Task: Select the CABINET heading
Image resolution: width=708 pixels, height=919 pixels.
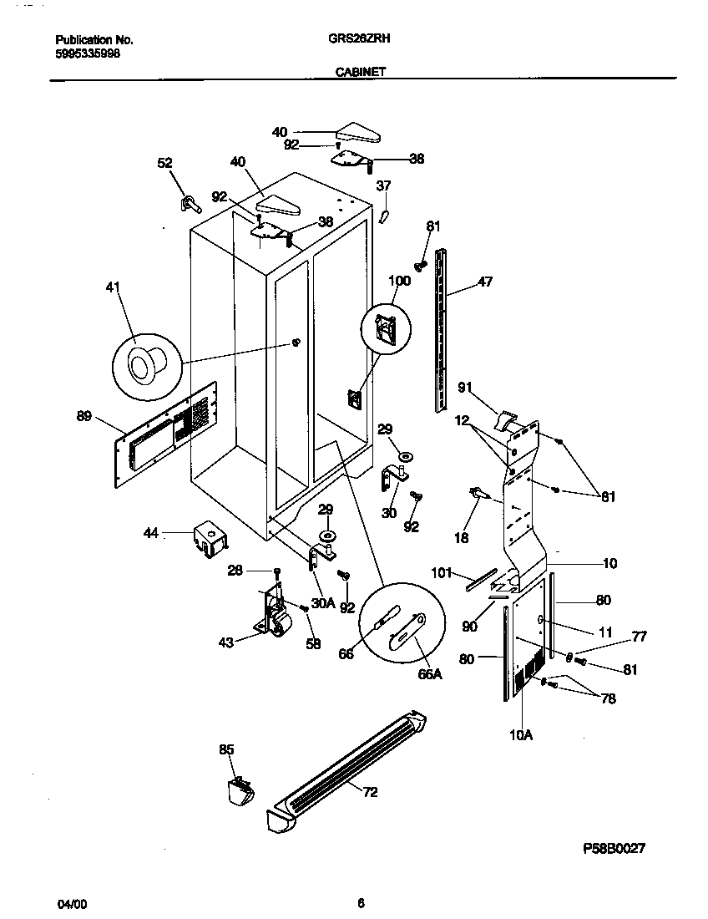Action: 360,73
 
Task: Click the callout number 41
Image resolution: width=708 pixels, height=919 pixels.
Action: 113,288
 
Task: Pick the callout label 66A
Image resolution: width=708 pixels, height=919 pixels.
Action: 429,674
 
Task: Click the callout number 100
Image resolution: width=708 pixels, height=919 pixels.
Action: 399,281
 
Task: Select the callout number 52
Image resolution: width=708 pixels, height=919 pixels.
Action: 164,164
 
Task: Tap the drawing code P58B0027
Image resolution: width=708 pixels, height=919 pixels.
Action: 614,848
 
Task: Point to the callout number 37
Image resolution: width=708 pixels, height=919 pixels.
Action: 382,185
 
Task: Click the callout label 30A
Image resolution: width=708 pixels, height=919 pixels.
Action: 323,602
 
